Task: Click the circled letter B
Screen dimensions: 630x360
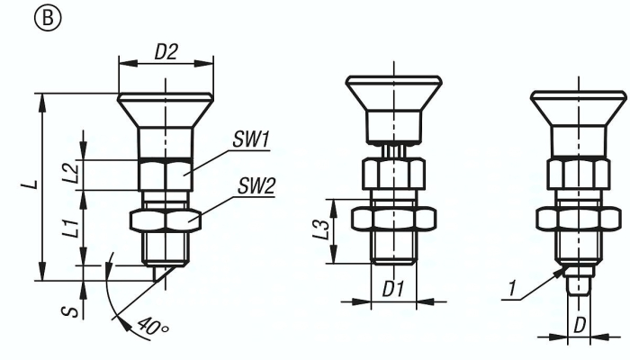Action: [x=48, y=18]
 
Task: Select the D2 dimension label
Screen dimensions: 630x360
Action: [x=166, y=52]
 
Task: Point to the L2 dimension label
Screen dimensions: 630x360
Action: [x=71, y=173]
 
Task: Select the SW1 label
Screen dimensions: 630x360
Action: [x=251, y=140]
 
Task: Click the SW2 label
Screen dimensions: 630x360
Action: [x=256, y=186]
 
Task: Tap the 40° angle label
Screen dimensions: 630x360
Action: [x=152, y=326]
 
